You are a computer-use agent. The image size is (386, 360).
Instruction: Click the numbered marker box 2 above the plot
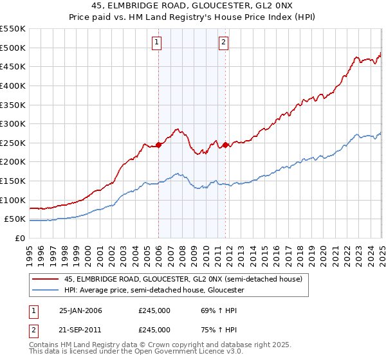223,43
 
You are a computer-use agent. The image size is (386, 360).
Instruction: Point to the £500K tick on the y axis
13,48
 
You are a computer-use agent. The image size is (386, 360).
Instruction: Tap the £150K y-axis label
13,181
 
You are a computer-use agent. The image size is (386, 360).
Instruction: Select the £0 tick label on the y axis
20,238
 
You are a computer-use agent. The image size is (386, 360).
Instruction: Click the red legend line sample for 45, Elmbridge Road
45,278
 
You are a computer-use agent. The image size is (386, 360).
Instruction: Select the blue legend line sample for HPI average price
45,290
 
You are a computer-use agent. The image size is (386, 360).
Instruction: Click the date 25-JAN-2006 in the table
80,310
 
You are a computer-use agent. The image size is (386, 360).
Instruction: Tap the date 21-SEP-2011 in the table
80,330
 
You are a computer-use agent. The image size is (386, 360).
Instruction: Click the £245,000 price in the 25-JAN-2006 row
154,310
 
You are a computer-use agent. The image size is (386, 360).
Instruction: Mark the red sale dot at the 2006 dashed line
159,145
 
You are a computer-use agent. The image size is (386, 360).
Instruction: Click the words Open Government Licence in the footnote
171,352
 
